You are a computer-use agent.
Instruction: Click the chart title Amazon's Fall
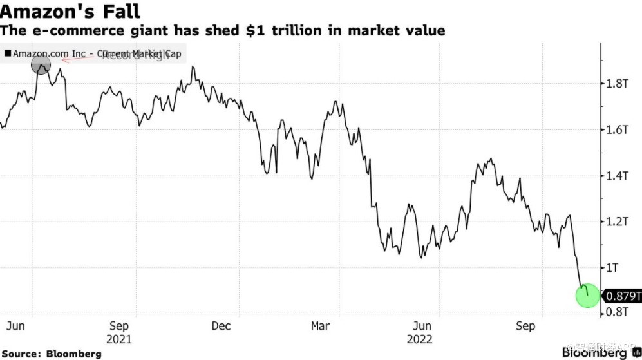(70, 11)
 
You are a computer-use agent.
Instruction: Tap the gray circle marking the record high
(41, 65)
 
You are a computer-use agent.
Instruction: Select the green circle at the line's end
(587, 296)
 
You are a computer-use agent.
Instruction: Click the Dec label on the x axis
(221, 326)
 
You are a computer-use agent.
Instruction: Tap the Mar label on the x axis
(320, 326)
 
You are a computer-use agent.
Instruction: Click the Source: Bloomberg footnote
(51, 354)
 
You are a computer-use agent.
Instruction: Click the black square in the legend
(8, 54)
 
